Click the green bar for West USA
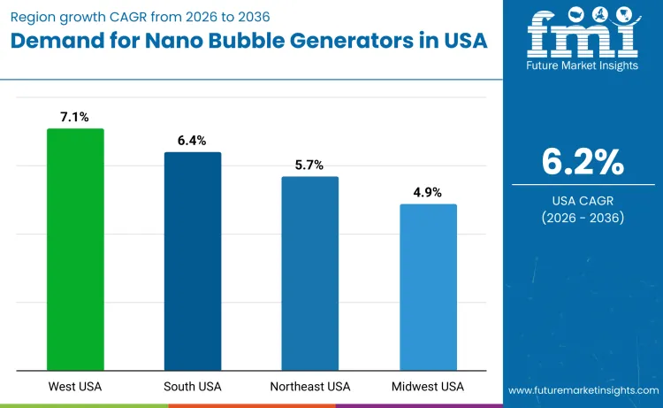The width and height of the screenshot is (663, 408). click(x=75, y=250)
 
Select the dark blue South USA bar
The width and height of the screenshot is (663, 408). click(x=193, y=261)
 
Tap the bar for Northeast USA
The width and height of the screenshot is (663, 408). click(x=309, y=273)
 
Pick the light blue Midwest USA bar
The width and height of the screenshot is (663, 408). click(x=428, y=287)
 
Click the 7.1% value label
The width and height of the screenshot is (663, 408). click(x=75, y=117)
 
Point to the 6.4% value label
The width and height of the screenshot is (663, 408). click(x=193, y=140)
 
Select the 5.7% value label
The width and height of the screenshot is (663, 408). click(x=309, y=165)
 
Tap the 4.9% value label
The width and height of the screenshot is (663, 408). click(x=428, y=192)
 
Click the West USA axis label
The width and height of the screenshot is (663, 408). click(x=75, y=387)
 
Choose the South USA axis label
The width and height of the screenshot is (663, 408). click(x=193, y=387)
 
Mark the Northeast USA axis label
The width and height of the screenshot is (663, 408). click(x=309, y=387)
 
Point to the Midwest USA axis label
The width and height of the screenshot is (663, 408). click(x=428, y=387)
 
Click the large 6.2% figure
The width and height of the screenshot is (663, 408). click(x=583, y=162)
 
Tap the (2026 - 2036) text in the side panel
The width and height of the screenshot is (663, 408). click(x=583, y=218)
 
